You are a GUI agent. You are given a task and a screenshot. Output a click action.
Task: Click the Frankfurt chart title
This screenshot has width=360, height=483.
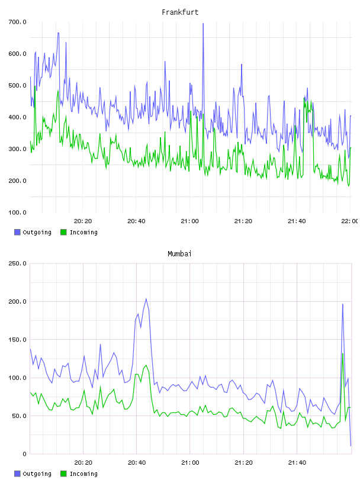[x=180, y=12]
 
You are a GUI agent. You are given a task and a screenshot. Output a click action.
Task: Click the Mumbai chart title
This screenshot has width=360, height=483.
[x=179, y=254]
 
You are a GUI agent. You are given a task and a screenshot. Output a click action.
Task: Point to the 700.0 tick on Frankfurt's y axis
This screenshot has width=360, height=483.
[x=17, y=22]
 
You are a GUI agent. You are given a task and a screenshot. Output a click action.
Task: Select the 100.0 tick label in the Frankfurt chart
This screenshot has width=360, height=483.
[x=17, y=212]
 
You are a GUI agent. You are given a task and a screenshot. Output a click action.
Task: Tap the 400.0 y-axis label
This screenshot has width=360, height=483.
[x=17, y=117]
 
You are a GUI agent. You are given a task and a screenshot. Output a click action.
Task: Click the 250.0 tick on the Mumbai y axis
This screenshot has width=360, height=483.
[x=17, y=263]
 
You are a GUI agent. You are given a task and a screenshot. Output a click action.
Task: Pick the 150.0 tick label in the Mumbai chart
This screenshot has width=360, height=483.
[x=17, y=340]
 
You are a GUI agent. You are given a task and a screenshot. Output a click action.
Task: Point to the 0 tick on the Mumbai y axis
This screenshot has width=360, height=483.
[x=24, y=454]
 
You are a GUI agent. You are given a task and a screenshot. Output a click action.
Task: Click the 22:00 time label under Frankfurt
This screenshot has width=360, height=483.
[x=349, y=221]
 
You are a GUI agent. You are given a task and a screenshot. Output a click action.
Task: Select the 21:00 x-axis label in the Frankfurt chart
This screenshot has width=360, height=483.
[x=189, y=221]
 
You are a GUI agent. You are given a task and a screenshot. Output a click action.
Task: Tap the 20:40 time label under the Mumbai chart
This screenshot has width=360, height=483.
[x=137, y=463]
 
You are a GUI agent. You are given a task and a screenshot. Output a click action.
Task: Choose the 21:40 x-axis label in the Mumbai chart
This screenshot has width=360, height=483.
[x=297, y=463]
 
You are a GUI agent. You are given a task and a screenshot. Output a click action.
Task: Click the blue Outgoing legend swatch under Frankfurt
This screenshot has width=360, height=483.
[x=17, y=232]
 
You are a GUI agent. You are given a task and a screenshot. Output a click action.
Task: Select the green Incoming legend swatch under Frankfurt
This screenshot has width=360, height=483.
[x=63, y=232]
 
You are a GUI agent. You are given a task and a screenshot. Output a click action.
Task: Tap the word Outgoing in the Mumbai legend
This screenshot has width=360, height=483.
[x=37, y=474]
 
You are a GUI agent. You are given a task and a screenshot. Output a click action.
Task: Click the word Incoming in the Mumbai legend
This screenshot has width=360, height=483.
[x=83, y=474]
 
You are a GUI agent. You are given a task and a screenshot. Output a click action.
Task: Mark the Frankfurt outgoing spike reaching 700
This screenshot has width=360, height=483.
[x=203, y=24]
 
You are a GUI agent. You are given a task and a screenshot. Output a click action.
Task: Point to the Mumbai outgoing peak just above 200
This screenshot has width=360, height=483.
[x=146, y=299]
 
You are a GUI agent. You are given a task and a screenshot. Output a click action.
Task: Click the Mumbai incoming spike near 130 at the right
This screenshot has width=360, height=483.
[x=343, y=354]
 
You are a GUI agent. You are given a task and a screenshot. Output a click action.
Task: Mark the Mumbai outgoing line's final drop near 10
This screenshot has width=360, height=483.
[x=351, y=446]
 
